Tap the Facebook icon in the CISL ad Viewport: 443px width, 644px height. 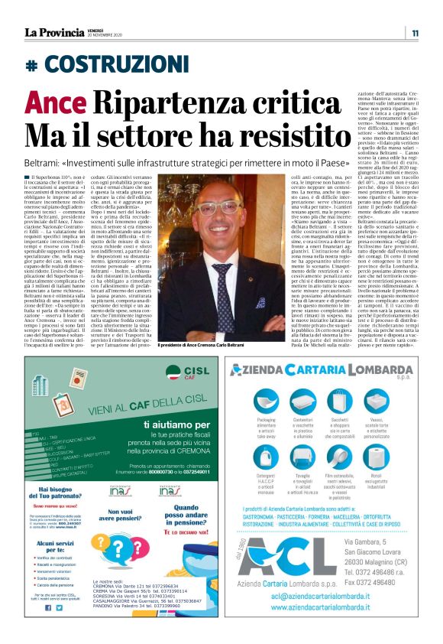[x=47, y=607]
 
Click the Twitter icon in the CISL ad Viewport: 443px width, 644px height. [x=59, y=607]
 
